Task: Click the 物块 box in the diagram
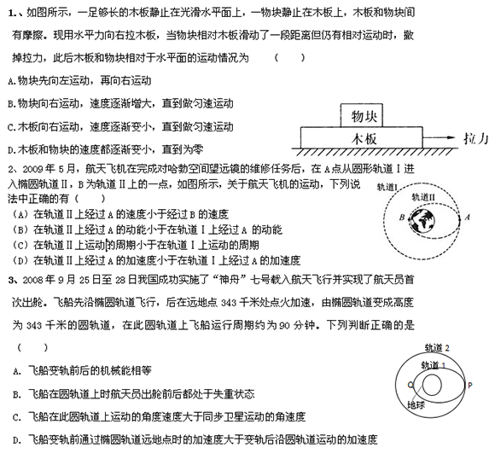[362, 115]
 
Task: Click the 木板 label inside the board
[364, 139]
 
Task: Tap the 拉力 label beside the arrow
[476, 138]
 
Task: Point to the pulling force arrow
[439, 137]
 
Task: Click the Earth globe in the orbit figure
[422, 220]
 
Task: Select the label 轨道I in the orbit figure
[387, 188]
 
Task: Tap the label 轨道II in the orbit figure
[423, 197]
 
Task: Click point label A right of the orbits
[467, 217]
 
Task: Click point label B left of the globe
[402, 218]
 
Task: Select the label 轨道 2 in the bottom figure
[437, 348]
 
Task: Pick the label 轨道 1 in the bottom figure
[434, 365]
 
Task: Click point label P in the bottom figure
[470, 385]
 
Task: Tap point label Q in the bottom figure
[411, 385]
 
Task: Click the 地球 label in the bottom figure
[416, 405]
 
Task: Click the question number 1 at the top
[12, 14]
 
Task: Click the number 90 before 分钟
[284, 326]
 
